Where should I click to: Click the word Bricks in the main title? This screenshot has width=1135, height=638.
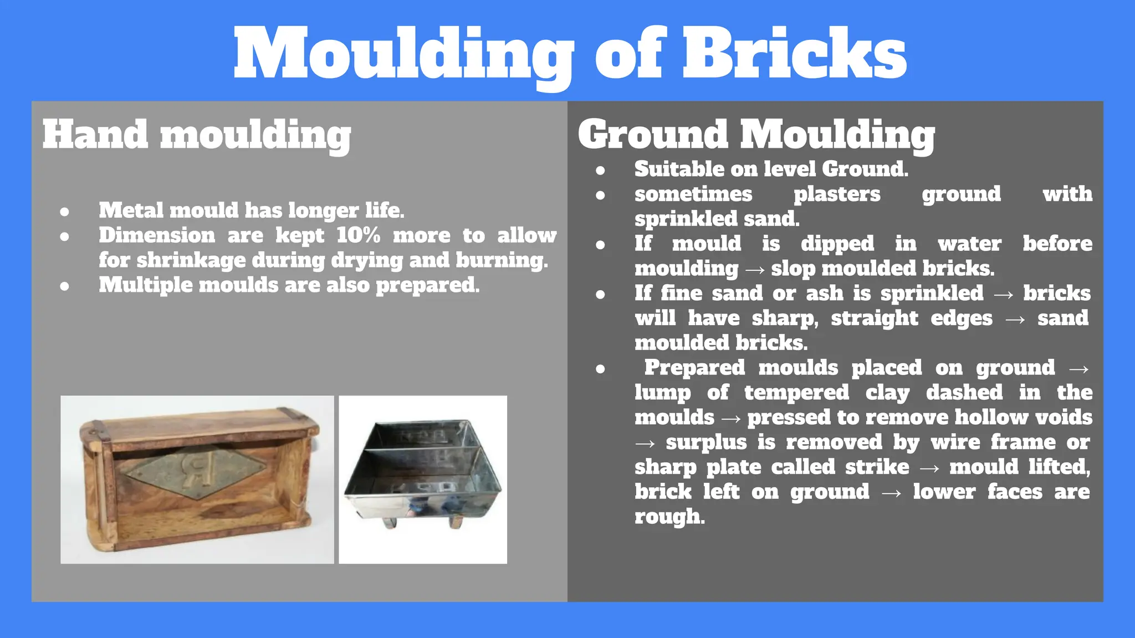tap(794, 54)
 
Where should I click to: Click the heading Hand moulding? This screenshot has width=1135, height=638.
tap(196, 135)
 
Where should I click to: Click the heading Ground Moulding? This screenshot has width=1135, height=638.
tap(756, 135)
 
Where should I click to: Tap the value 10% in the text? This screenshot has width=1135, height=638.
tap(358, 235)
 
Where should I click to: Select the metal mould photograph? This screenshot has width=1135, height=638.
tap(423, 480)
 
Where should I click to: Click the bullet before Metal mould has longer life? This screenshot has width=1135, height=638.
tap(65, 212)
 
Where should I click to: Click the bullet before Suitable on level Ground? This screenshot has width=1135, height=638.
tap(600, 170)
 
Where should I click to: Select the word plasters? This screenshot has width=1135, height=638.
tap(836, 194)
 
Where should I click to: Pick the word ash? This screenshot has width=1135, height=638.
tap(824, 293)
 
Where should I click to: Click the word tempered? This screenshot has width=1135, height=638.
tap(796, 393)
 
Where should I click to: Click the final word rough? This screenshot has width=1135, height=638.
tap(669, 517)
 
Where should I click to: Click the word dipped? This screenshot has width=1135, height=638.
tap(837, 244)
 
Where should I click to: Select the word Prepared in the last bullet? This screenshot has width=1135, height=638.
tap(694, 368)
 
